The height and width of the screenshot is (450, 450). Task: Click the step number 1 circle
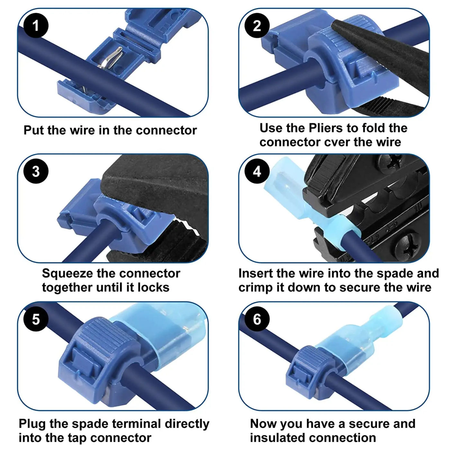click(x=36, y=26)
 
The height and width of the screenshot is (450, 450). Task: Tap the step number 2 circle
click(x=257, y=26)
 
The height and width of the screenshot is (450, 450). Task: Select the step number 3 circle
click(x=36, y=171)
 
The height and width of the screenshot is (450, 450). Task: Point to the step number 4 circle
click(x=257, y=171)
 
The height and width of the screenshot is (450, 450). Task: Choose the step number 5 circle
click(x=36, y=319)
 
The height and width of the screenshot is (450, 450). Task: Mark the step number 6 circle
click(x=257, y=319)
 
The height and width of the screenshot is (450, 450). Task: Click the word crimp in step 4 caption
click(x=255, y=288)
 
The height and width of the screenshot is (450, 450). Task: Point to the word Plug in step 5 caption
click(x=32, y=424)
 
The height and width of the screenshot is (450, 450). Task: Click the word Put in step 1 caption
click(x=33, y=130)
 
